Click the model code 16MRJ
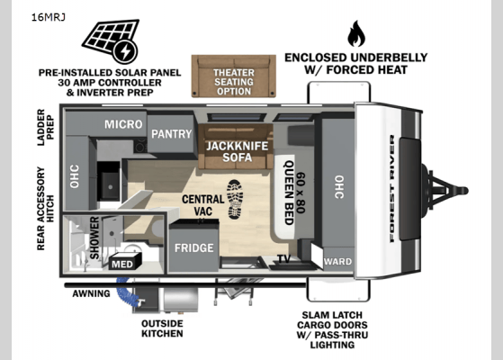coord(49,17)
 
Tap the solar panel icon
coord(111,41)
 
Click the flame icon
coord(356,33)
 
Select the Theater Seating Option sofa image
coord(234,76)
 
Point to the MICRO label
coord(123,124)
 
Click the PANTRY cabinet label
coord(172,134)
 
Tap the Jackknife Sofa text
coord(237,151)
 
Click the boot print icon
coord(235,199)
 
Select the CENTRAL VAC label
coord(203,205)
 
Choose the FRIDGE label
coord(194,247)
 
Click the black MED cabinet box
coord(125,261)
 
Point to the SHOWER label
coord(94,238)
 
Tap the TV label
coord(284,258)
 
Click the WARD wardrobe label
coord(337,262)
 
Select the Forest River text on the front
coord(392,189)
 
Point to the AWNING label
coord(91,293)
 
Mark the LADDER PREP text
coord(45,128)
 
